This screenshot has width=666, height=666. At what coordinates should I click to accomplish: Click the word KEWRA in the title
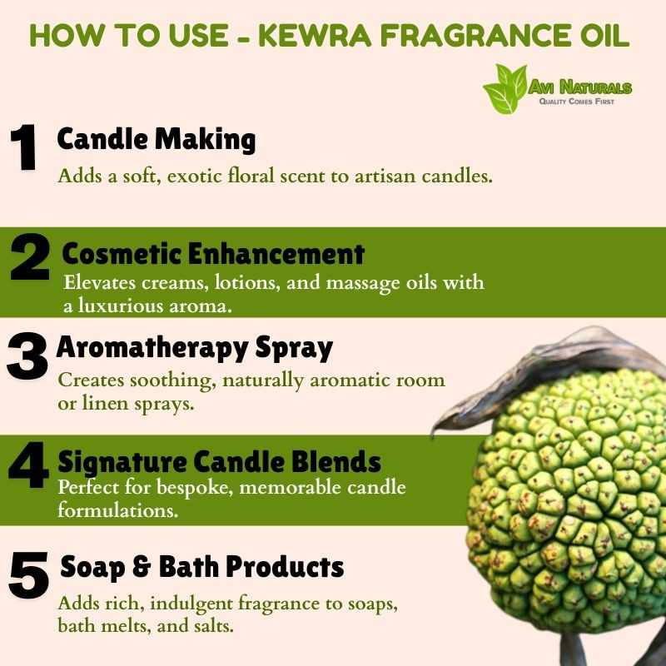point(315,36)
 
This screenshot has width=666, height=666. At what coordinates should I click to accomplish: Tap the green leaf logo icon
point(505,89)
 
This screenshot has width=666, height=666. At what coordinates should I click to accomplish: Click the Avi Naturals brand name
point(579,87)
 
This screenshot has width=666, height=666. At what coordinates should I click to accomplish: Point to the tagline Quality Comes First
point(576,102)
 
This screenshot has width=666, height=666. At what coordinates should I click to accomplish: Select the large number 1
point(24,147)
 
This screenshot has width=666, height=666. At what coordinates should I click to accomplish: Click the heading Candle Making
point(157,139)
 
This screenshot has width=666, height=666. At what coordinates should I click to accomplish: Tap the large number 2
point(30,256)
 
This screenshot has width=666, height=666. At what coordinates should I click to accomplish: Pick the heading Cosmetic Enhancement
point(213,254)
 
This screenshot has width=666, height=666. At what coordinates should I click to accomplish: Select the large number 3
point(27,356)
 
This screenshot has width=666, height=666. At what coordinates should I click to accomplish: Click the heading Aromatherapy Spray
point(195,348)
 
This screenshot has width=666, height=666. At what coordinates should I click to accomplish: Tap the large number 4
point(28,465)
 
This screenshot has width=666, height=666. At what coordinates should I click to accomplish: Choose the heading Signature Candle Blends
point(219,462)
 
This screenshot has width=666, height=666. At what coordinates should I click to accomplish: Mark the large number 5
point(28,575)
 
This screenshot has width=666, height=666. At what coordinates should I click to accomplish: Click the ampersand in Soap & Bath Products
point(142,567)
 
